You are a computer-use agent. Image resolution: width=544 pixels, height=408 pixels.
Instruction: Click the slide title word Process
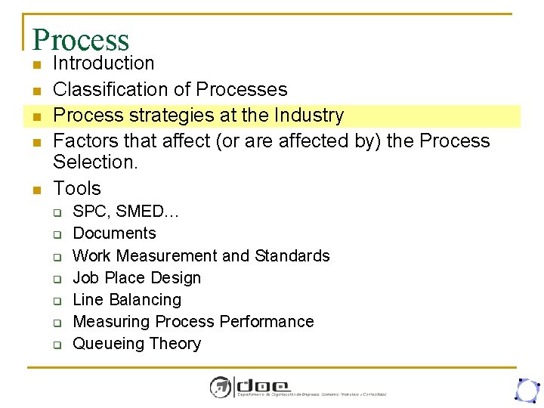pyautogui.click(x=81, y=40)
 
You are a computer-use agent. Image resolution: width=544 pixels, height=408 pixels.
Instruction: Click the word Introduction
pyautogui.click(x=104, y=63)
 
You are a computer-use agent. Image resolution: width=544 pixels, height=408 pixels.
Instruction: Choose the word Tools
pyautogui.click(x=77, y=188)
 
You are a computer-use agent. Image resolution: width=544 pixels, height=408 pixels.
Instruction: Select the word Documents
pyautogui.click(x=114, y=233)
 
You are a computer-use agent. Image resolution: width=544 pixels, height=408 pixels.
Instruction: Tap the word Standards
pyautogui.click(x=292, y=255)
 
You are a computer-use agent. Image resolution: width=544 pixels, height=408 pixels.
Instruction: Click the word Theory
pyautogui.click(x=175, y=344)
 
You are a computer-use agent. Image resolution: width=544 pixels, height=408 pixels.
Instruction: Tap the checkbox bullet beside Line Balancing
pyautogui.click(x=56, y=301)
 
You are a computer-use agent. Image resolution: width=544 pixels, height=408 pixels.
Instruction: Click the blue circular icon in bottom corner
pyautogui.click(x=526, y=389)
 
